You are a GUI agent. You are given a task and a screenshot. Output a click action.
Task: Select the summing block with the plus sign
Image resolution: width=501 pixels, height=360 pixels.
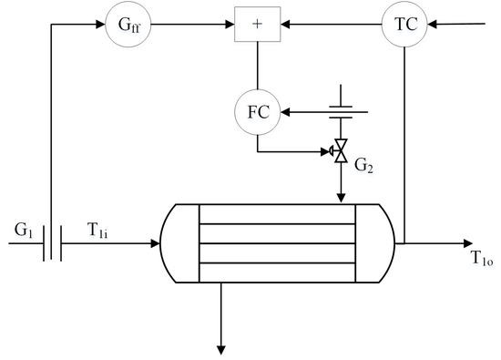point(257,25)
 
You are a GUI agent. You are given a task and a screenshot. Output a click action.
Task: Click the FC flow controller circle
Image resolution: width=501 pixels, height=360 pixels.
point(257,113)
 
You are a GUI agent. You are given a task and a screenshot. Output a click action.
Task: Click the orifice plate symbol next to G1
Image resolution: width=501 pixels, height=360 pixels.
point(53,244)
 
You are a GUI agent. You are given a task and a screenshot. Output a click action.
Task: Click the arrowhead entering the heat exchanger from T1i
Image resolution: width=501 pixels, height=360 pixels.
point(155,244)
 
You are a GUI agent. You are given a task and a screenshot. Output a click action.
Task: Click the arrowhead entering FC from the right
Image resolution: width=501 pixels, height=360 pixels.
point(282,113)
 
